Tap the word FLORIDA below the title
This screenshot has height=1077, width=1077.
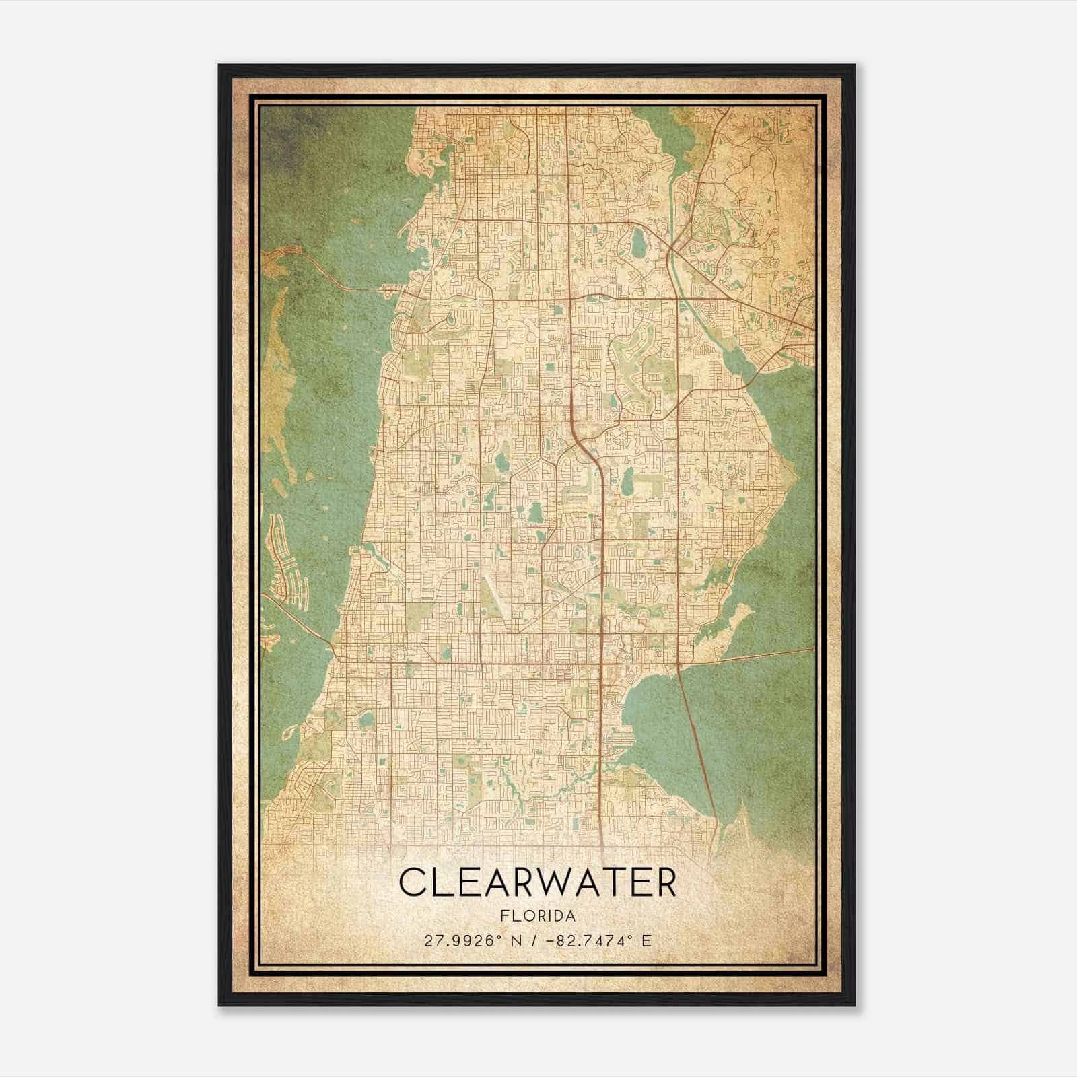538,916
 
